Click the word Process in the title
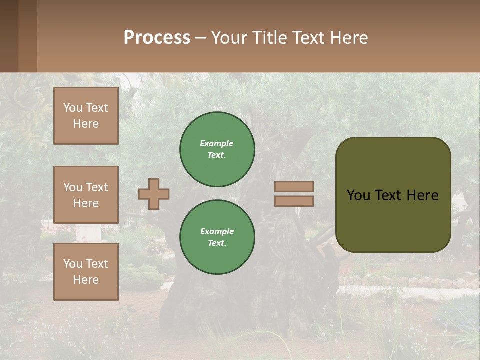coord(157,38)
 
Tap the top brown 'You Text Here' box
coord(86,116)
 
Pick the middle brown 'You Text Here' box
coord(86,195)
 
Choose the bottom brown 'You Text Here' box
coord(86,272)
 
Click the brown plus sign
coord(154,194)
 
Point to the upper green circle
coord(217,149)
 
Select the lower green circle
coord(217,237)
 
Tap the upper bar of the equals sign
coord(294,187)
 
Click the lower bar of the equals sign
coord(294,201)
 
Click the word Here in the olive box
coord(422,195)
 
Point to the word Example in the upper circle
coord(217,143)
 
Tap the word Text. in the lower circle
coord(217,243)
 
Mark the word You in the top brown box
coord(73,108)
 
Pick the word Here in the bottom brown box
coord(86,280)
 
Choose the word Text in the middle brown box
coord(97,187)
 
